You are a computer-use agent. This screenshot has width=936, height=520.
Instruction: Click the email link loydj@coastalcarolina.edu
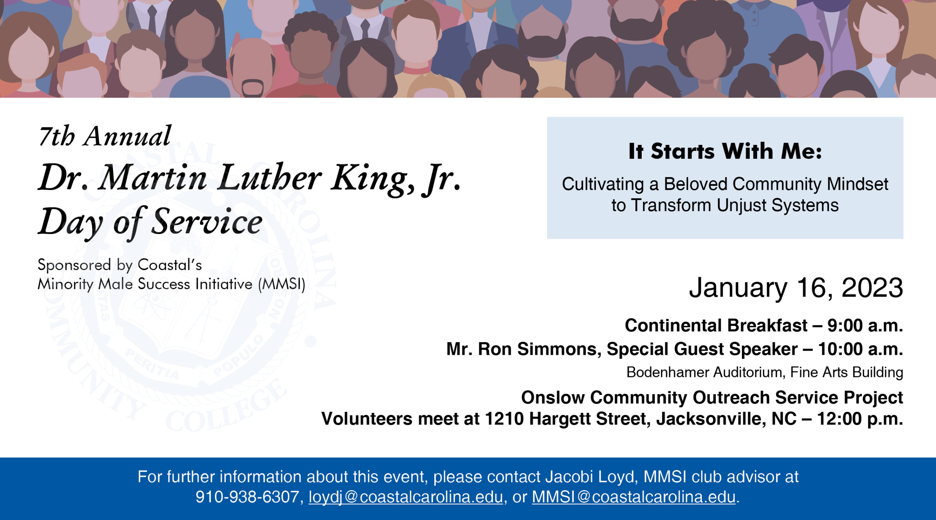coord(406,497)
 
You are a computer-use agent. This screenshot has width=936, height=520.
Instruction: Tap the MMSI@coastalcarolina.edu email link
coord(634,497)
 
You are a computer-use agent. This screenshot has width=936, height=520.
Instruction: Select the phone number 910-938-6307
coord(247,497)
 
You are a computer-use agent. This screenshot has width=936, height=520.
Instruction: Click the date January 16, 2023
coord(796,288)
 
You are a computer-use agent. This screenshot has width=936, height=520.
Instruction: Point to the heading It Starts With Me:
coord(725,151)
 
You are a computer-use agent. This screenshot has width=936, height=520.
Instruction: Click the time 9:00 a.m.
coord(865,325)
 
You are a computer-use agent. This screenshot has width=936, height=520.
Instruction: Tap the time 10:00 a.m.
coord(860,349)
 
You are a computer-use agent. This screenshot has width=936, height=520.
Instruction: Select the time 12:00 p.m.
coord(860,419)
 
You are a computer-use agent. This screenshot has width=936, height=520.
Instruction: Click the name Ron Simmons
coord(540,349)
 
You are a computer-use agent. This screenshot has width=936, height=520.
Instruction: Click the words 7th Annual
coord(105,136)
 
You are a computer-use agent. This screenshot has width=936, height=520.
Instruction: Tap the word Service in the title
coord(207,221)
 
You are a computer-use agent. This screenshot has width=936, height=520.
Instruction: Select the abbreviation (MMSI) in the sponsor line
coord(282,284)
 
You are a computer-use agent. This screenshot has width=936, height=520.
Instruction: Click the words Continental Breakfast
coord(716,325)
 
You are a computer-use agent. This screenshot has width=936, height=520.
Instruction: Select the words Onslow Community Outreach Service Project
coord(712,397)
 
